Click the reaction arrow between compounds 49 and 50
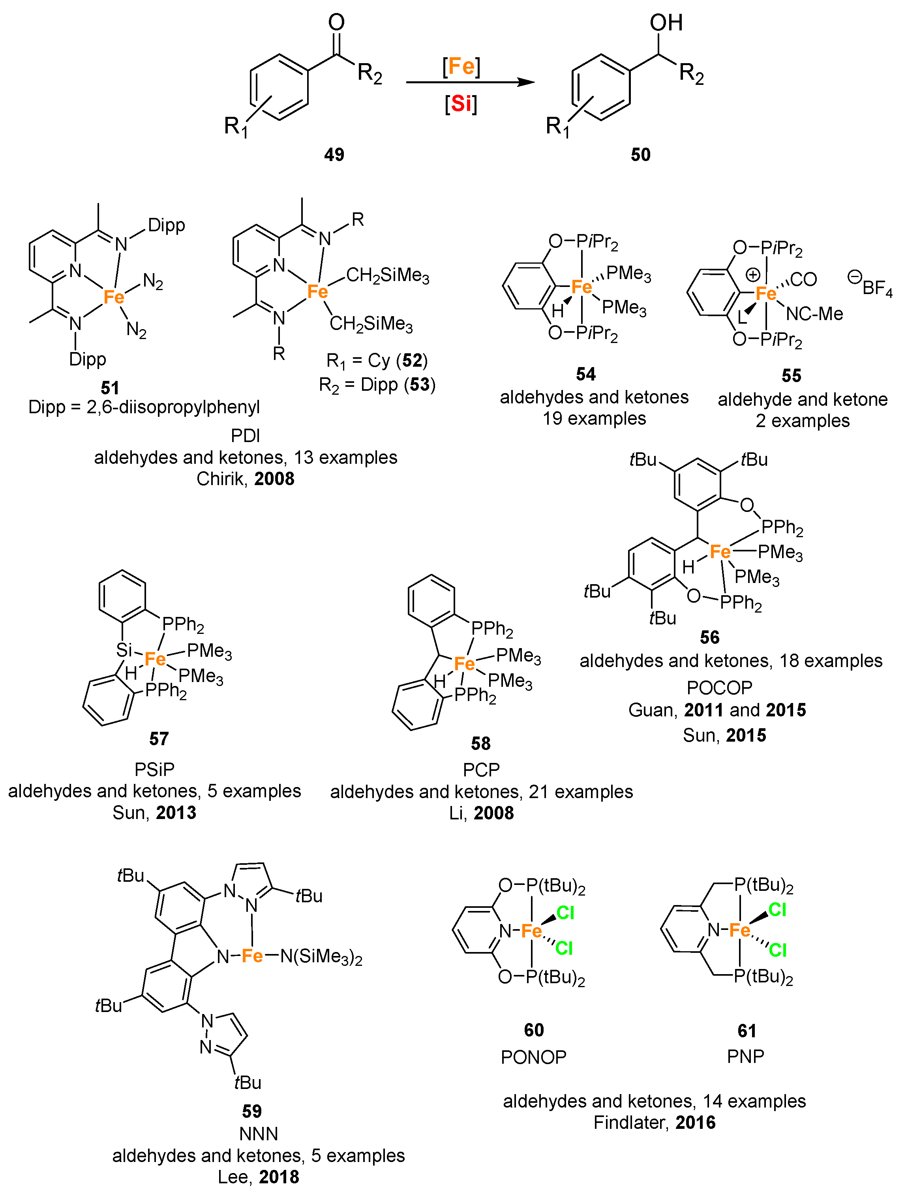(469, 82)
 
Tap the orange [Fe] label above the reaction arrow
(461, 66)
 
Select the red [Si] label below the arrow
(461, 103)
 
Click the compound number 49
(334, 155)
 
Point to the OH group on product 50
(666, 22)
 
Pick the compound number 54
(586, 374)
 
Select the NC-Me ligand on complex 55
(814, 313)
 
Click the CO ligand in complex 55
(803, 279)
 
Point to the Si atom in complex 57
(124, 650)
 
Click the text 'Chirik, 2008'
(246, 479)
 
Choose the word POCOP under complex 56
(719, 688)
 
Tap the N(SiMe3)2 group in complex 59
(321, 956)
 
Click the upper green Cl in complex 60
(565, 912)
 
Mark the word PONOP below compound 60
(533, 1057)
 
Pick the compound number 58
(480, 744)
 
